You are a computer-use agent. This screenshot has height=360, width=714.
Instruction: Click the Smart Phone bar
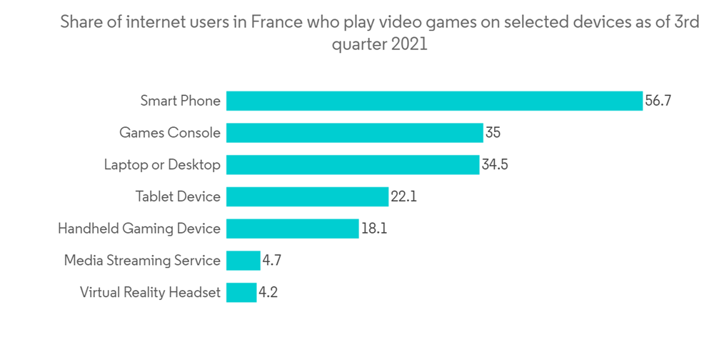pos(434,101)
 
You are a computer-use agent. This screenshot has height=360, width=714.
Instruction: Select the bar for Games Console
pos(355,133)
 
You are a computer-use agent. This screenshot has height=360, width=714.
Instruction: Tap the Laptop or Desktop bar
pos(353,164)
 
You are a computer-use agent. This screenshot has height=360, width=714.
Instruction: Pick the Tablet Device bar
pos(307,196)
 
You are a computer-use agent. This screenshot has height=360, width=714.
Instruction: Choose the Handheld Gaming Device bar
pos(292,229)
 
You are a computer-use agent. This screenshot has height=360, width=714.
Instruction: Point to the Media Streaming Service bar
pos(243,260)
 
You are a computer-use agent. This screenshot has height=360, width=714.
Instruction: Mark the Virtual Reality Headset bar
pos(241,292)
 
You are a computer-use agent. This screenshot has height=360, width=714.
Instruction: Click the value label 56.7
pos(658,101)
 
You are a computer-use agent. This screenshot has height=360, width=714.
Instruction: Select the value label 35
pos(493,133)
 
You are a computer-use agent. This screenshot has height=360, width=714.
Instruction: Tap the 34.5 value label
pos(495,164)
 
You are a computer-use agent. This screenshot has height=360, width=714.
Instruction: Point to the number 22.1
pos(403,196)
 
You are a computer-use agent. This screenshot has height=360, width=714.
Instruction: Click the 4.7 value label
pos(272,260)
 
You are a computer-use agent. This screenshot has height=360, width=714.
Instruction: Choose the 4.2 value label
pos(268,292)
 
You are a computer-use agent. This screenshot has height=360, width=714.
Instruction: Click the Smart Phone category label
pos(180,101)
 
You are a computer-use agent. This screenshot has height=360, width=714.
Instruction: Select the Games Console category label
pos(169,133)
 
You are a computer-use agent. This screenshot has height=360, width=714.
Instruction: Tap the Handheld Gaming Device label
pos(139,229)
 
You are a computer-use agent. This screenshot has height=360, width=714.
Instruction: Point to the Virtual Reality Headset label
pos(150,292)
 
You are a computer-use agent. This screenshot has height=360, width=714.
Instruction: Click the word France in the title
pos(275,22)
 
